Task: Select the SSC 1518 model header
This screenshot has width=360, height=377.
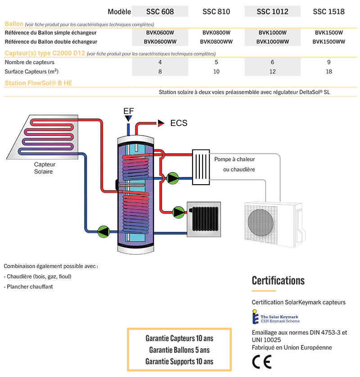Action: coord(328,12)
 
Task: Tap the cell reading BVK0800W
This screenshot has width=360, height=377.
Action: coord(216,32)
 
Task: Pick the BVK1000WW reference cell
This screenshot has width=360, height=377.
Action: coord(273,41)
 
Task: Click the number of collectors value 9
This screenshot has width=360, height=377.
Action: coord(328,62)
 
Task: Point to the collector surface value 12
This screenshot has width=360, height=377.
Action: coord(273,72)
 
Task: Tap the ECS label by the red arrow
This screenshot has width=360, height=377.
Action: coord(179,123)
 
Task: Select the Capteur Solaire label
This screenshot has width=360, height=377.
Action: coord(45,168)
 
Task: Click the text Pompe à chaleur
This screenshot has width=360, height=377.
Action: coord(234,159)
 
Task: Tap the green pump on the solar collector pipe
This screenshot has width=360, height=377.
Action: coord(104,232)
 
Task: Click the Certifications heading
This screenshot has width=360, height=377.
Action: coord(278,281)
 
